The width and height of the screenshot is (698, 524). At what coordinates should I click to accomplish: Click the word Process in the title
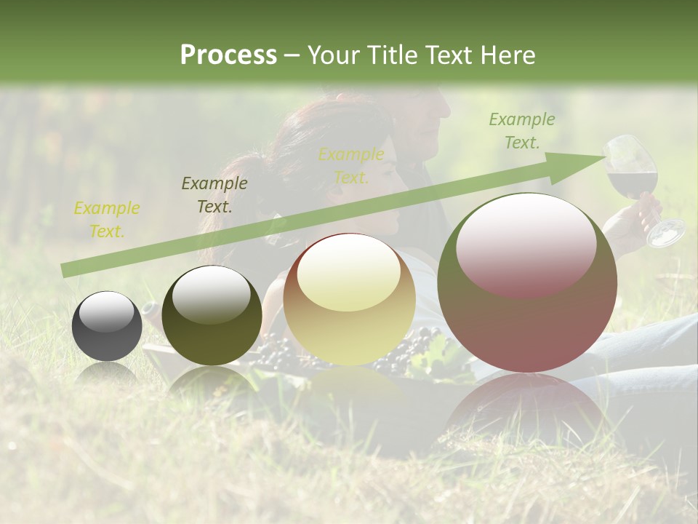pos(228,55)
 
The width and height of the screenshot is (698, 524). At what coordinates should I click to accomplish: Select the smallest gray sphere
pos(107,326)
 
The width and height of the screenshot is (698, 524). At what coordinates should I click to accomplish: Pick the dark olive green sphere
pos(212,315)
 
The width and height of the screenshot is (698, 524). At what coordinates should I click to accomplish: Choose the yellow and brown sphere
pos(349,299)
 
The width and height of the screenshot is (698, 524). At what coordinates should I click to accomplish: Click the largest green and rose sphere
pos(527,282)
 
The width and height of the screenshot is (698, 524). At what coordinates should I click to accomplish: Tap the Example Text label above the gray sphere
pos(107,220)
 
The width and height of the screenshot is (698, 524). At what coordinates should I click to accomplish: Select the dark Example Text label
pos(214,195)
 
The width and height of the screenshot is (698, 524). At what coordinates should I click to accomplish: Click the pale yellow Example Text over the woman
pos(351,166)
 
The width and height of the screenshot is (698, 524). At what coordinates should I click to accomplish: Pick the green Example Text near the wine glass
pos(522,131)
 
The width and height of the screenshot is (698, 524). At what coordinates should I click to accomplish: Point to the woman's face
pos(371,186)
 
